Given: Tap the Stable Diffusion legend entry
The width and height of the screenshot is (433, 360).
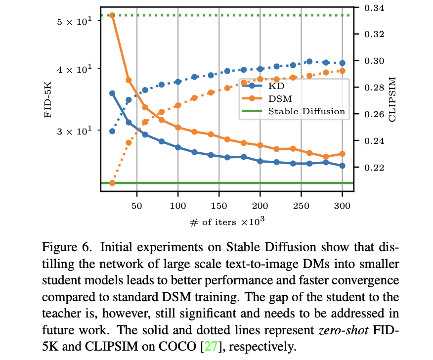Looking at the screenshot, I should (x=306, y=111).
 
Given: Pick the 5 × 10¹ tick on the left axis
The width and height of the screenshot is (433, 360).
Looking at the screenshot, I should (x=76, y=22).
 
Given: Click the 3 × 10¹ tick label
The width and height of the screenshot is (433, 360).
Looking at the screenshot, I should (x=76, y=132).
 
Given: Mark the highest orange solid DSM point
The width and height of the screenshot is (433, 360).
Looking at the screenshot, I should (x=112, y=16).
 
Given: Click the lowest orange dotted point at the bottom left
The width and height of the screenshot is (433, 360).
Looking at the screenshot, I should (x=112, y=183).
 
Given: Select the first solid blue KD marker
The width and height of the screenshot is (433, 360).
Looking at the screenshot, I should (x=112, y=93).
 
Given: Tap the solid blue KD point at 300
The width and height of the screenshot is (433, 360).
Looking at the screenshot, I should (x=342, y=166).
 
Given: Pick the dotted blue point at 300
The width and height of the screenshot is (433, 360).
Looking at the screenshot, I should (x=342, y=63).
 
